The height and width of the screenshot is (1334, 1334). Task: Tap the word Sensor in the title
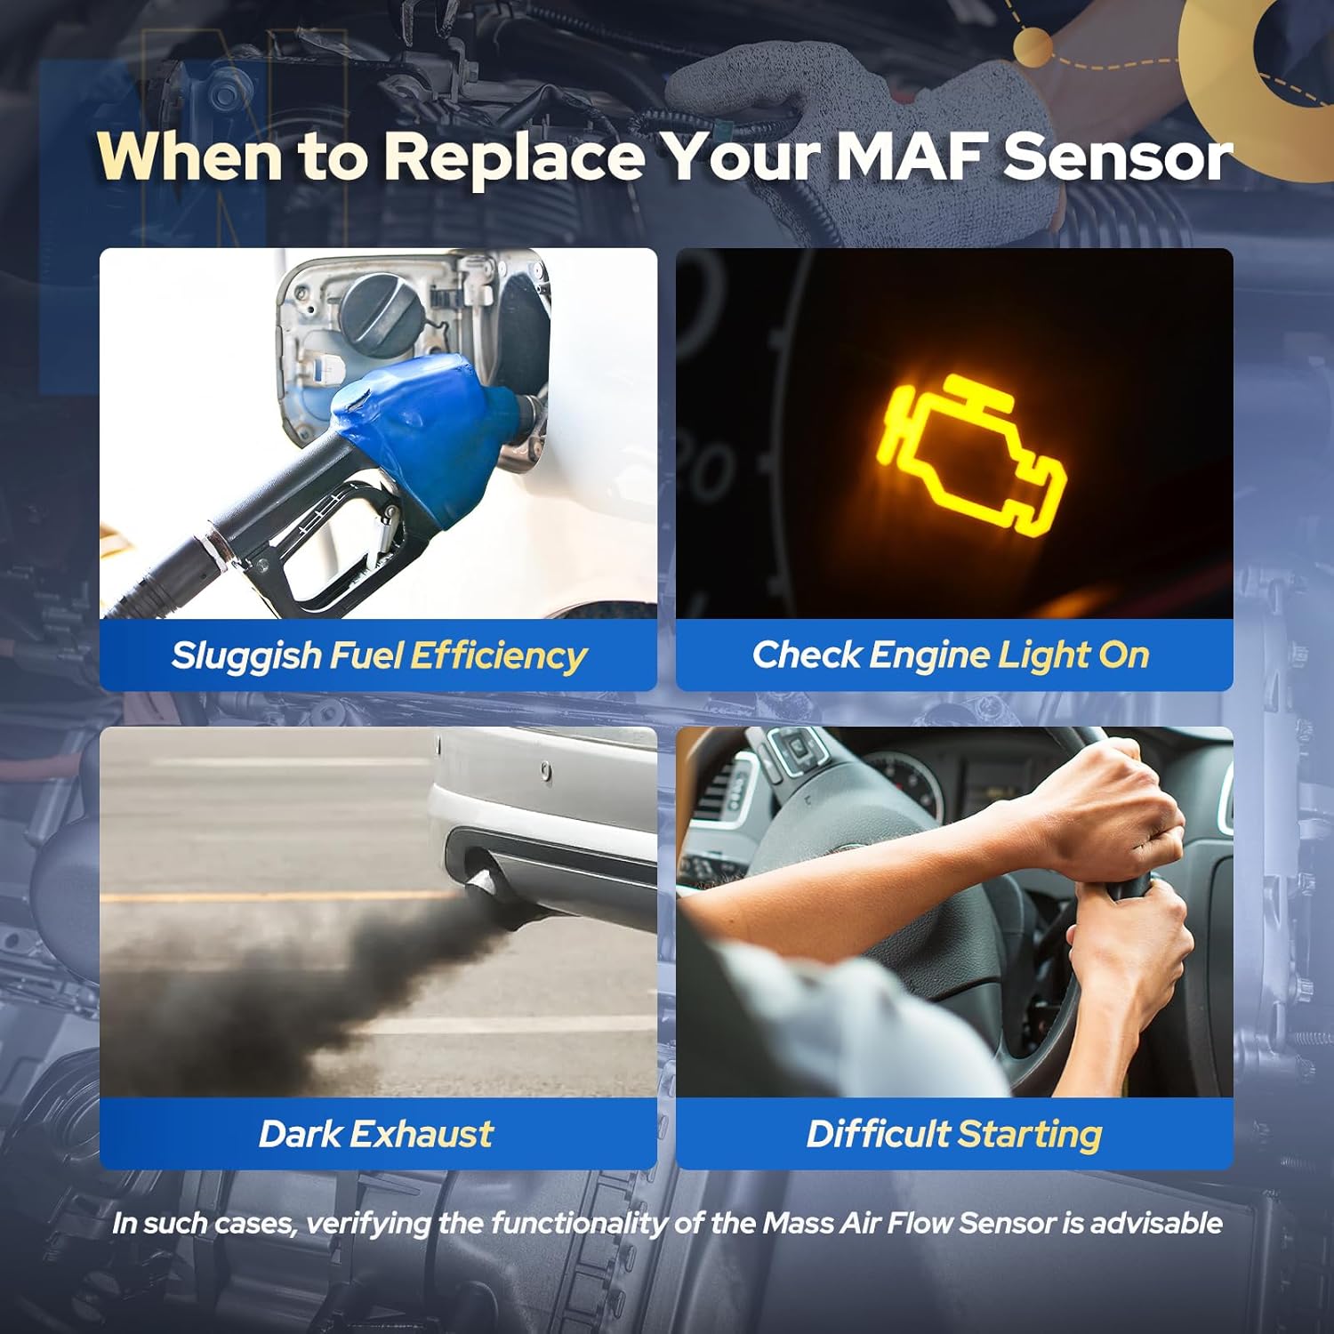(x=1117, y=157)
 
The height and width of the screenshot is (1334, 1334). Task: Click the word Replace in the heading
(x=514, y=157)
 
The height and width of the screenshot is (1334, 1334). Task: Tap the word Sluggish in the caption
(x=245, y=656)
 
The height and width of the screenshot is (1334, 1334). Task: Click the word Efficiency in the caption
(x=498, y=656)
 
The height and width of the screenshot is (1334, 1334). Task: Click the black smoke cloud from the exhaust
(x=293, y=987)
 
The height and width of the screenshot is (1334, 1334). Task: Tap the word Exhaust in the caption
(x=422, y=1134)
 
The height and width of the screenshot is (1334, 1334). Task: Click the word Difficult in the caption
(x=878, y=1134)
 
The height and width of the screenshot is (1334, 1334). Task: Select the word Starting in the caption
(x=1030, y=1135)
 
